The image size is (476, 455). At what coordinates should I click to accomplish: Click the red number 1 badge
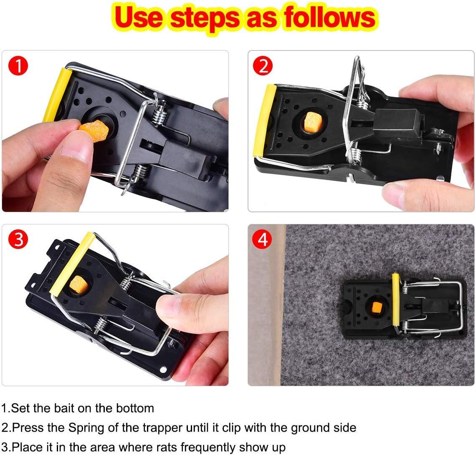(17, 66)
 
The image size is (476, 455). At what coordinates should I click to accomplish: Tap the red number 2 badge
(263, 66)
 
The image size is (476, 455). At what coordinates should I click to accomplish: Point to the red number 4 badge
(263, 239)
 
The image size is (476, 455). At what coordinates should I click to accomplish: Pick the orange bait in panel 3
(78, 286)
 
